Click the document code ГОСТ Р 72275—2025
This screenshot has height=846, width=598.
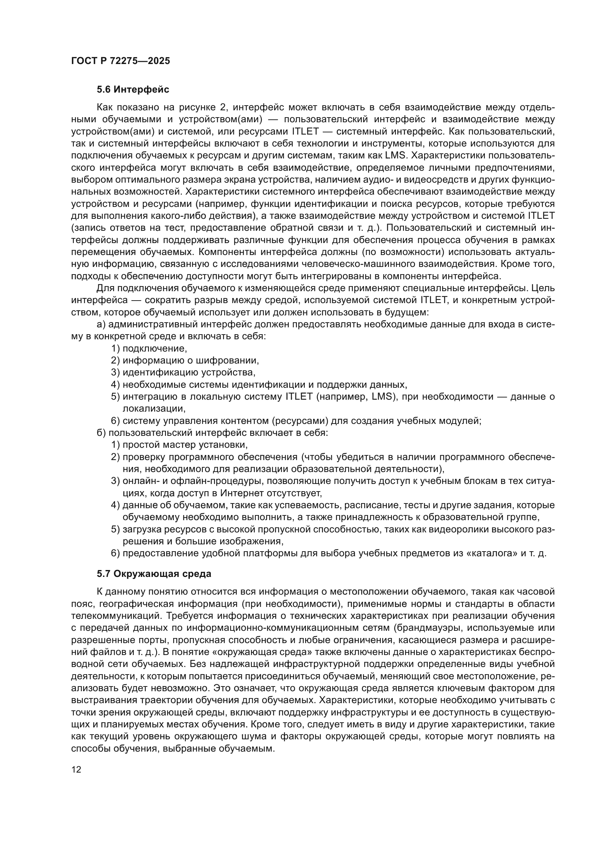[x=120, y=61]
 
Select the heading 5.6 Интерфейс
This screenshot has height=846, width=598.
[x=133, y=89]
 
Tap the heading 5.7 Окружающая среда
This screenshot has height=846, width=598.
[x=154, y=574]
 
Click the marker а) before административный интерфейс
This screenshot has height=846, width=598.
[x=101, y=324]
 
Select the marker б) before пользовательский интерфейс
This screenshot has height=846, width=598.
[x=101, y=433]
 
